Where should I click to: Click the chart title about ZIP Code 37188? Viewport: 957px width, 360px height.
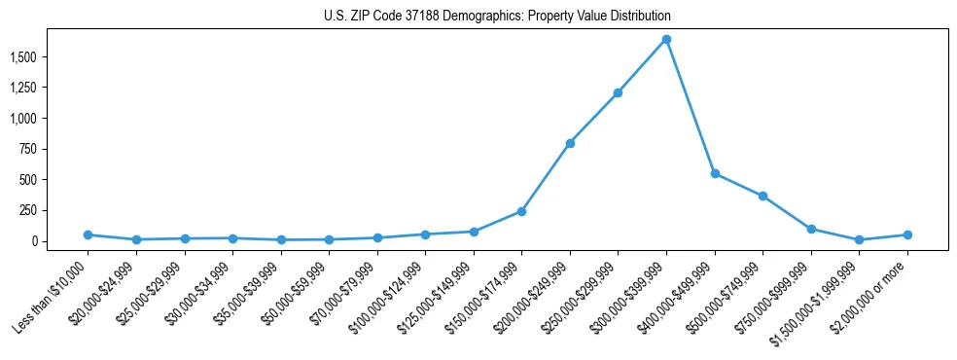tap(497, 17)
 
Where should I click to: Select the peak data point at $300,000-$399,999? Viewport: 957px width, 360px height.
tap(666, 39)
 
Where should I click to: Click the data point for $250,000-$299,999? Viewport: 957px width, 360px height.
tap(618, 93)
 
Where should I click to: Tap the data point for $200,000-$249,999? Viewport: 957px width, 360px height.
tap(570, 143)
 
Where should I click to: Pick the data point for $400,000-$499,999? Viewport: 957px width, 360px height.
tap(715, 173)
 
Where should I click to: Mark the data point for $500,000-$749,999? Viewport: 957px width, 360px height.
tap(762, 196)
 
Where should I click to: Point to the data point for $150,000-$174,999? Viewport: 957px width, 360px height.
tap(521, 211)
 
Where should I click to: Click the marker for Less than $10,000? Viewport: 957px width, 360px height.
tap(88, 234)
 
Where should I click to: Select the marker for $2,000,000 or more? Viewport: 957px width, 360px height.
tap(907, 234)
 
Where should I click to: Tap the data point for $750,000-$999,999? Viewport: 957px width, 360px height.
tap(811, 229)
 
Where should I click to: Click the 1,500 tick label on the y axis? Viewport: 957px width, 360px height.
tap(20, 57)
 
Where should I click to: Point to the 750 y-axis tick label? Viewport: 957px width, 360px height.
tap(26, 149)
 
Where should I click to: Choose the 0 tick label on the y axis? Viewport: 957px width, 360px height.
tap(34, 241)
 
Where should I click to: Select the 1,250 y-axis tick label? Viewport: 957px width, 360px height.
tap(20, 88)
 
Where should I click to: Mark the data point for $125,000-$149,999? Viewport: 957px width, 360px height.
tap(473, 232)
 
